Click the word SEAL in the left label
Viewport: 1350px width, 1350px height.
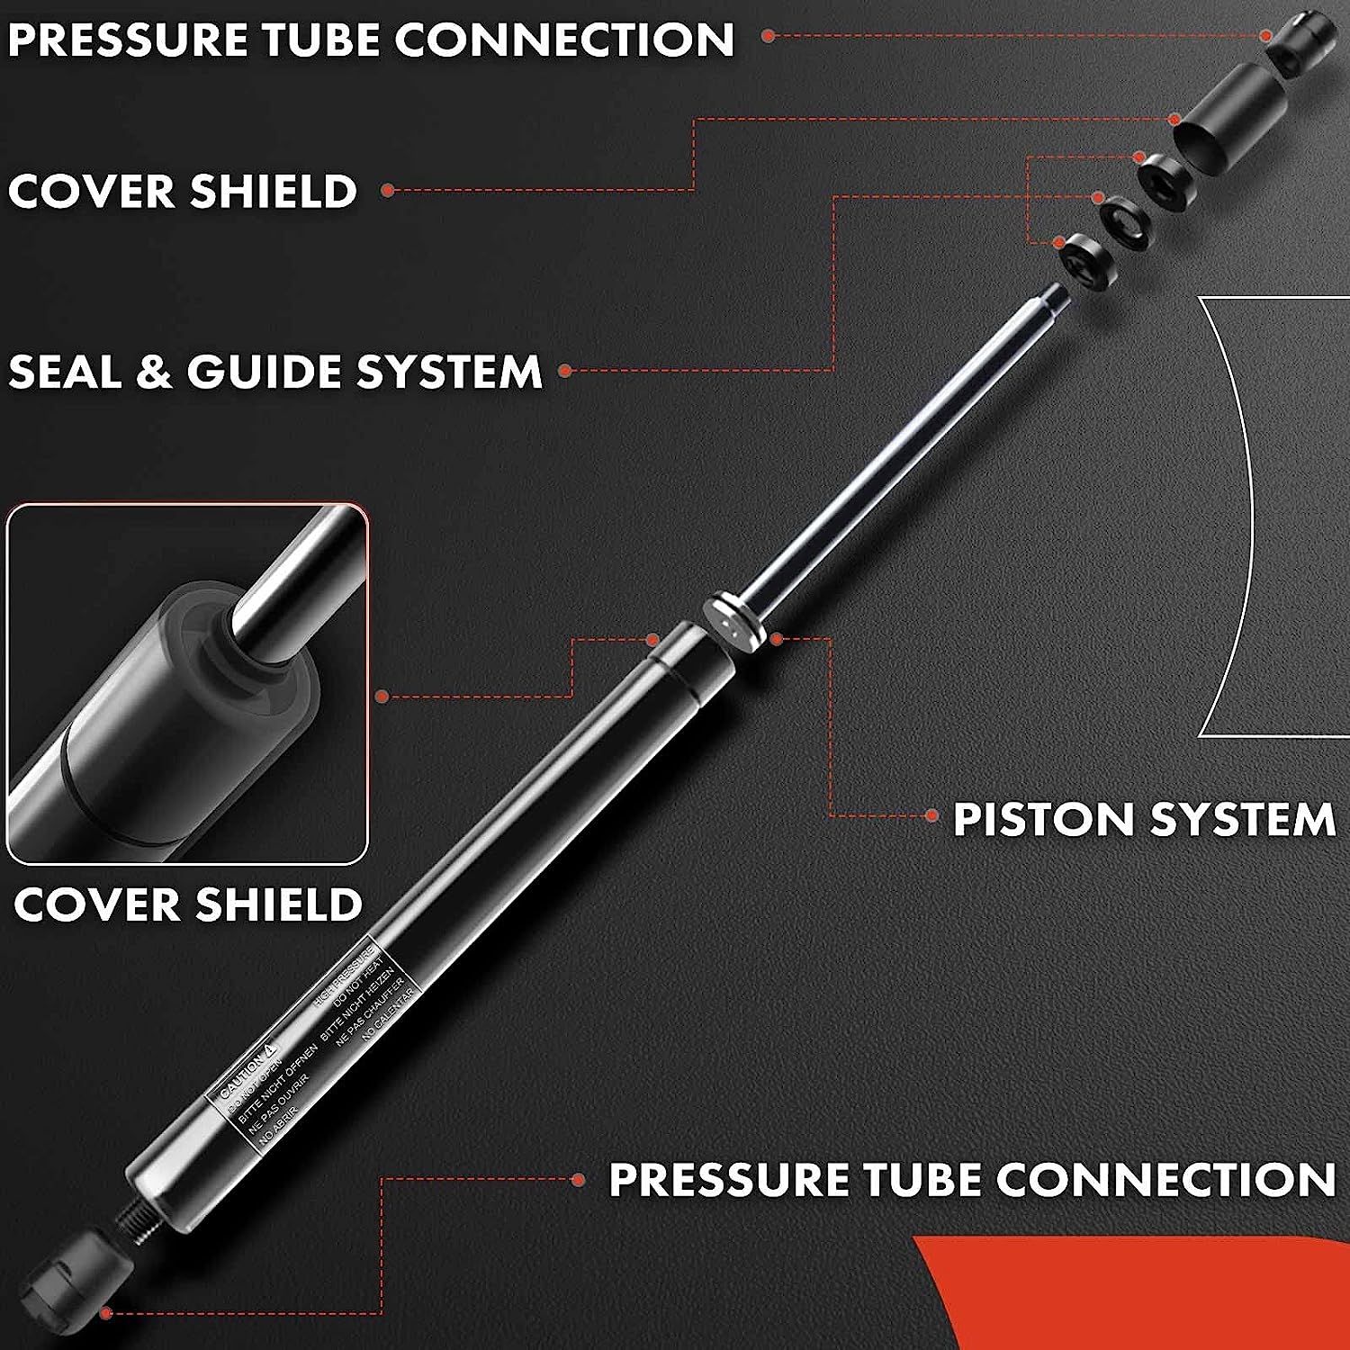(x=65, y=372)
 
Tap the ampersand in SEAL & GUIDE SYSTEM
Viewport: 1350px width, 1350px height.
(x=153, y=372)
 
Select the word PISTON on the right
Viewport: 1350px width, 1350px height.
(x=1045, y=819)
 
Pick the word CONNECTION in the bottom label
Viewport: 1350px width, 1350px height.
(x=1165, y=1179)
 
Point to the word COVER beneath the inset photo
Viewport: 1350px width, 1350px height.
(x=95, y=904)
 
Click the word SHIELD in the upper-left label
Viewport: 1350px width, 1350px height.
(x=274, y=191)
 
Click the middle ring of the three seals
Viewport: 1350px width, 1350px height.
(x=1125, y=221)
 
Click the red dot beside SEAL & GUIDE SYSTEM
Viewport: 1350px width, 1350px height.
(x=565, y=371)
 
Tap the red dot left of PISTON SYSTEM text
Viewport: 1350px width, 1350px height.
(x=931, y=816)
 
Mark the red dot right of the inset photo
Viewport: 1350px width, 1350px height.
(x=382, y=696)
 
